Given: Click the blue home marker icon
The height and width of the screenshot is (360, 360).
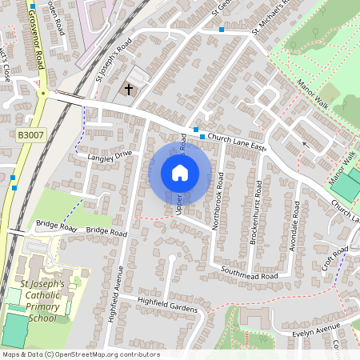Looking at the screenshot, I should click(x=180, y=173).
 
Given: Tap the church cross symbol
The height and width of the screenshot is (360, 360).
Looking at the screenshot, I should click(x=130, y=90).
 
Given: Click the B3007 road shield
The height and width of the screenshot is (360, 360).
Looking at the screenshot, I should click(x=27, y=138).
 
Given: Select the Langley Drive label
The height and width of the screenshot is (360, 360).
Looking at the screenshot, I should click(x=110, y=156).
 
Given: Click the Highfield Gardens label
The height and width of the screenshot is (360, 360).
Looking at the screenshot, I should click(x=166, y=305).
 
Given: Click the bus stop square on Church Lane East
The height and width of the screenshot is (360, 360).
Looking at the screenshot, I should click(x=195, y=130).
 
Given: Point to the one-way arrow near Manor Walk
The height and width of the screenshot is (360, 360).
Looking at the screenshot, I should click(x=305, y=145).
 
